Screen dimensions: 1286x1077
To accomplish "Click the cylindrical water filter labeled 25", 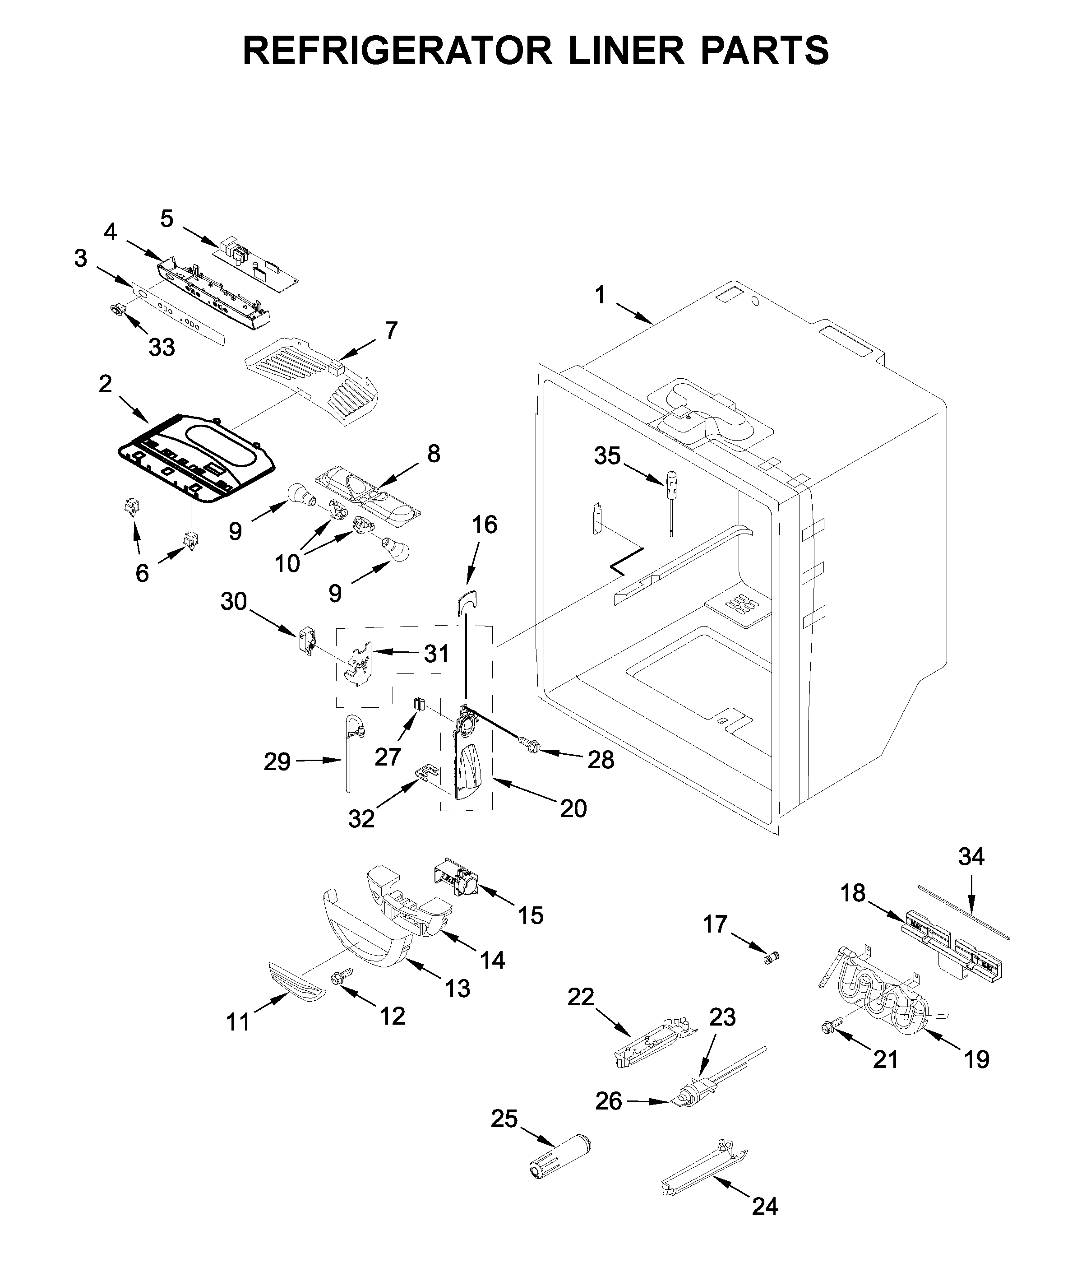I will pos(561,1156).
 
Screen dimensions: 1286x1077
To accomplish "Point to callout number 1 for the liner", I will pos(600,295).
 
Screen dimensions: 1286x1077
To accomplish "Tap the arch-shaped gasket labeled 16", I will pos(467,603).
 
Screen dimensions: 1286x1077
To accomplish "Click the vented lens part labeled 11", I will pos(296,984).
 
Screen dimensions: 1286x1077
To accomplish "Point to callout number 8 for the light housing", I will pos(434,454).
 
